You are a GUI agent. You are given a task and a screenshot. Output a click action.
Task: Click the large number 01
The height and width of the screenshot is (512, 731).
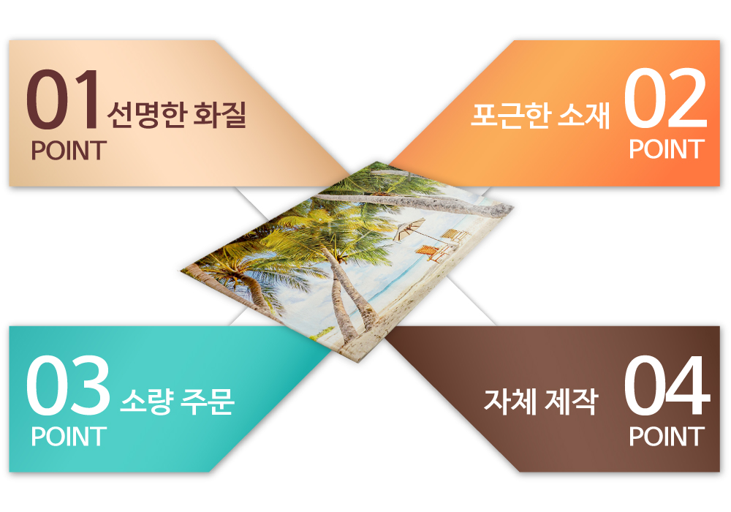62,99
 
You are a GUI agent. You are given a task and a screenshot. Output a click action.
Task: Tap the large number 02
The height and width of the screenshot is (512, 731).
665,98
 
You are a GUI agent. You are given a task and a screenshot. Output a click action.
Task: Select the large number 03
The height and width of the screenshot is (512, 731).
68,385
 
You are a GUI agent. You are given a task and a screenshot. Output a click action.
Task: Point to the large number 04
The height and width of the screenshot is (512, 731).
667,385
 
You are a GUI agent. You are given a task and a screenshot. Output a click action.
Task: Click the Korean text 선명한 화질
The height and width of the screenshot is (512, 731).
176,115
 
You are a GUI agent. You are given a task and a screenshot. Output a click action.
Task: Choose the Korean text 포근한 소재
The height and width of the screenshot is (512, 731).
540,115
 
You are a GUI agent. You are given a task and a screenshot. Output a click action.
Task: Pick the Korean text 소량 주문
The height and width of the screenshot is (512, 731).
177,401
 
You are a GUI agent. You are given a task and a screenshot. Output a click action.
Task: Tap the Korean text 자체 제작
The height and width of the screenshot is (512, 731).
540,401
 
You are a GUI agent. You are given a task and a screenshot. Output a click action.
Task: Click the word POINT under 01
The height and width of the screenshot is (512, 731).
69,151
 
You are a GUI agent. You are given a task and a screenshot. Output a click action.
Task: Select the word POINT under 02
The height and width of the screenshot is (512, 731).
666,149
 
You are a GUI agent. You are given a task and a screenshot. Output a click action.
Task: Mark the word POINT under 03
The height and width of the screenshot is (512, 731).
69,437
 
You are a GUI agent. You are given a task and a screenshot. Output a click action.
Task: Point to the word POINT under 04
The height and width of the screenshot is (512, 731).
666,437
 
